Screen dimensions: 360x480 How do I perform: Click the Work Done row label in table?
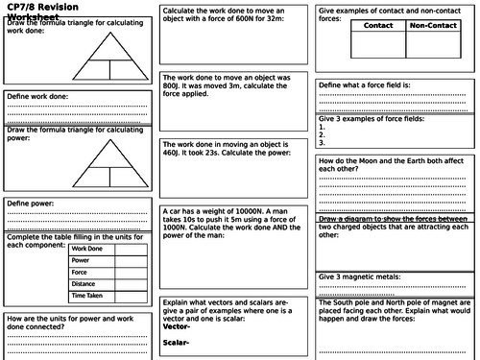87,249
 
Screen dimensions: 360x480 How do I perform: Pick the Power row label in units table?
81,260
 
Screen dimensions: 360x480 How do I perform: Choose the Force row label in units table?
81,272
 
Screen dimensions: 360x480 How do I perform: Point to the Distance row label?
85,283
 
